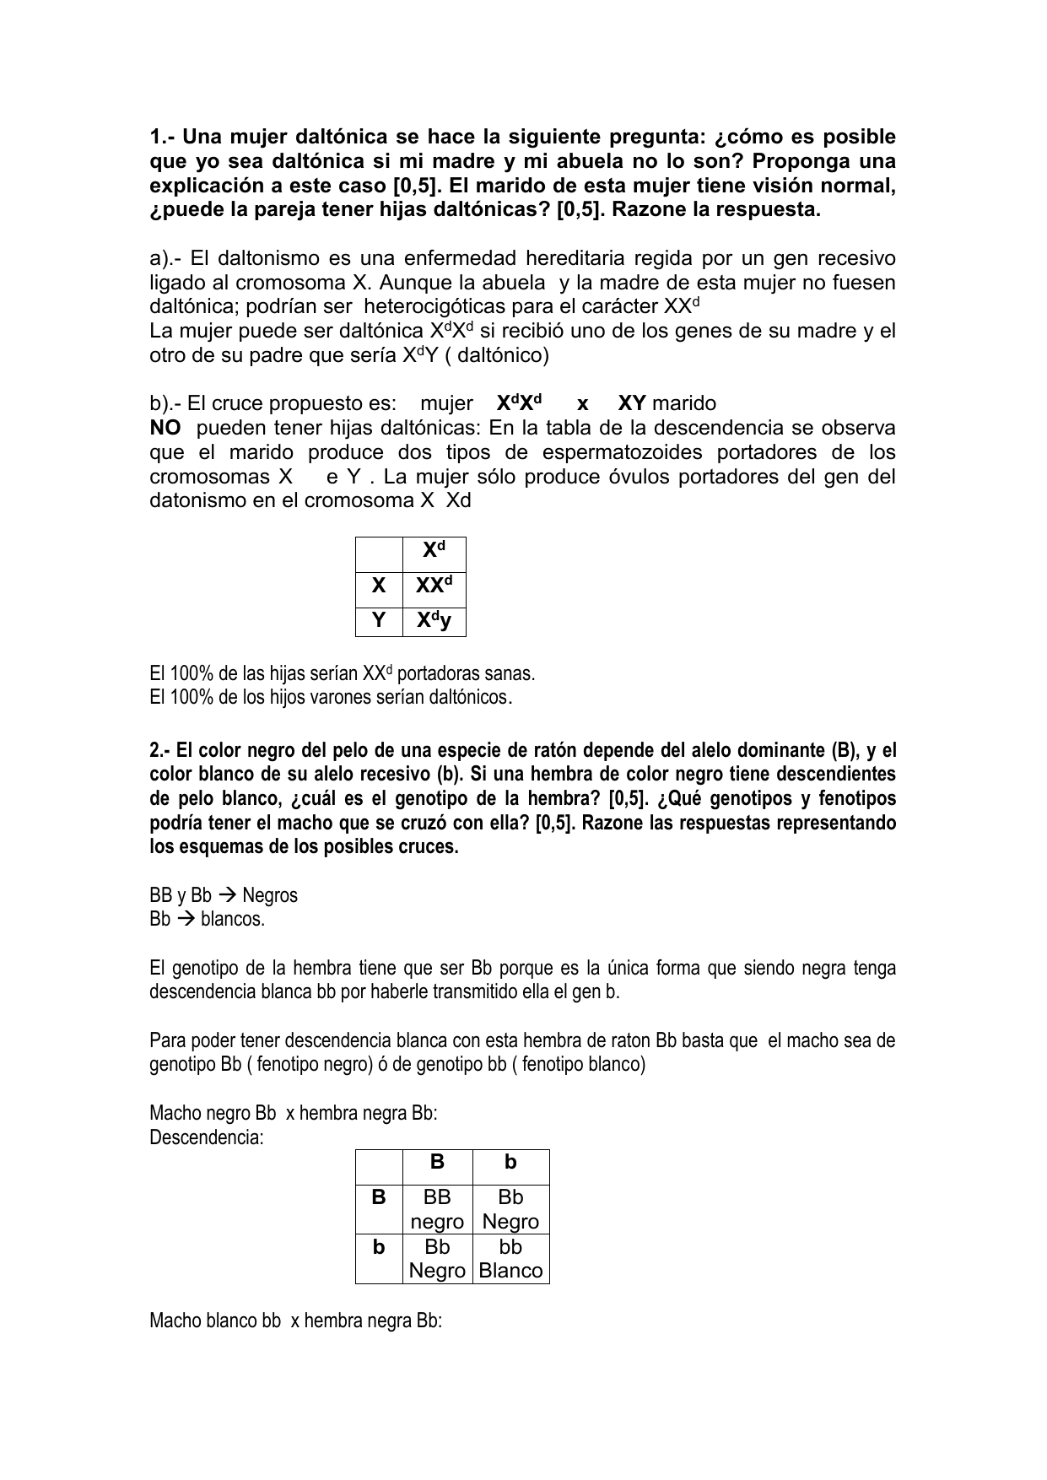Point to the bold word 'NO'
pos(165,428)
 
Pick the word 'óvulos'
pos(618,477)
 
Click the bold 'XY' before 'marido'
pos(632,403)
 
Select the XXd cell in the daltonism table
pos(434,585)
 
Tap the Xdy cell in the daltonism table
pos(434,621)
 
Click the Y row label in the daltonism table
pos(379,621)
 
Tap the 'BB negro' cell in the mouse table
pos(437,1209)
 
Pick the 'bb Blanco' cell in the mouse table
pos(510,1258)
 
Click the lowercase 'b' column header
pos(510,1163)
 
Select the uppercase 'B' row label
pos(379,1197)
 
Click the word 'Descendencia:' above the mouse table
pos(207,1137)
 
